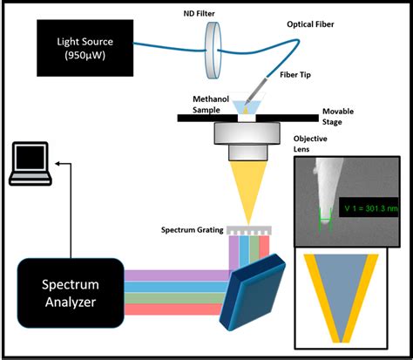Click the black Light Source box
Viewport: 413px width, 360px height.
pos(85,48)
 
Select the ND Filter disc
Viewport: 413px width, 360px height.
pos(213,50)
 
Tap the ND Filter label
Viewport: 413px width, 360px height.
pos(199,14)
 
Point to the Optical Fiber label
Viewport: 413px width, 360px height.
pos(310,24)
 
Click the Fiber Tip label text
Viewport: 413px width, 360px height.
pos(295,75)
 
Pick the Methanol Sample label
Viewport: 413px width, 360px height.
pos(211,105)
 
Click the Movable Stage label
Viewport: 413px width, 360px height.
pos(338,116)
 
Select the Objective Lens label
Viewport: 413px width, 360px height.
pos(310,144)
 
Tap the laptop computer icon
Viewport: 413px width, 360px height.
pos(30,164)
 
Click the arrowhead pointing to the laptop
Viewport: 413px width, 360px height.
pos(58,164)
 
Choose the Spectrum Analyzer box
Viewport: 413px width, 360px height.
pos(71,293)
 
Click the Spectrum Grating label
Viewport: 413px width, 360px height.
pos(192,230)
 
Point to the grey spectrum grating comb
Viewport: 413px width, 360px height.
pos(249,230)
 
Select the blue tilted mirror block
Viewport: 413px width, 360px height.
pos(253,292)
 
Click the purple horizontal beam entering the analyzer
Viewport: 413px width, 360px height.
pos(177,275)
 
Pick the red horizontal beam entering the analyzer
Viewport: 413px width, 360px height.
pos(173,309)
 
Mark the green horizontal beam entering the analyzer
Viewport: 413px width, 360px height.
pos(174,298)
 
